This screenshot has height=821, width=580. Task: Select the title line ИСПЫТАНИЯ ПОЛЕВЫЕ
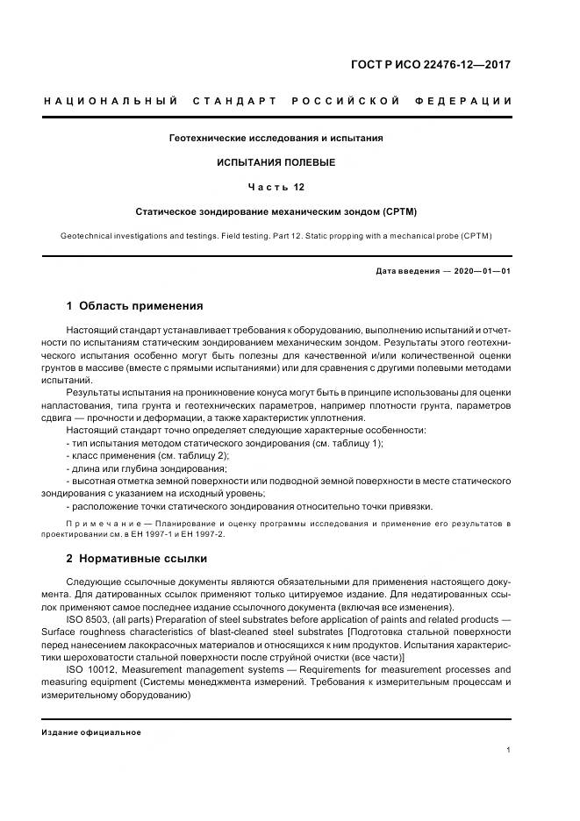276,163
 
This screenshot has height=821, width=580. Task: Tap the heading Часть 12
276,188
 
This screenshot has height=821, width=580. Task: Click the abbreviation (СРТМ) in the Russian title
399,212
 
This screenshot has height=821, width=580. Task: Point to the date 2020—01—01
483,271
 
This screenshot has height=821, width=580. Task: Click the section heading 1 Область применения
135,306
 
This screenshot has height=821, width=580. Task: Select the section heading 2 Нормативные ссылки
137,558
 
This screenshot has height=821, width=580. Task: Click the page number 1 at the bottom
509,750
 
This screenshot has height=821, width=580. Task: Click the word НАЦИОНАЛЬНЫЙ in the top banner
105,102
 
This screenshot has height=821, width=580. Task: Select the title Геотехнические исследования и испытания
276,139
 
